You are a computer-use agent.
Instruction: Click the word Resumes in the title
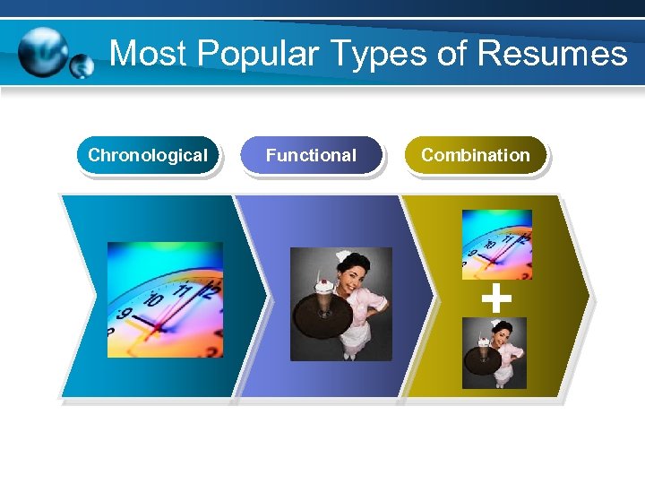pos(552,54)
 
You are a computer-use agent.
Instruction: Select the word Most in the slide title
pos(148,54)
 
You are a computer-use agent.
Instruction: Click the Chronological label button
pos(148,155)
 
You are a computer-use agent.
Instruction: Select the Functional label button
pos(311,155)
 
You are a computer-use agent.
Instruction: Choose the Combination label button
pos(475,155)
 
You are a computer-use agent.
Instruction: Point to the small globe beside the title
pos(82,66)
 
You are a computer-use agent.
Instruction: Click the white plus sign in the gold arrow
pos(496,297)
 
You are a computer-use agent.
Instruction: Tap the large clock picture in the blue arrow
pos(165,299)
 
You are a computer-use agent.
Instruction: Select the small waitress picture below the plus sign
pos(494,353)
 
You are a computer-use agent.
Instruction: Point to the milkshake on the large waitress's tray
pos(322,291)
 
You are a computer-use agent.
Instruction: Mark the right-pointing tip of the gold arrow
pos(588,296)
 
